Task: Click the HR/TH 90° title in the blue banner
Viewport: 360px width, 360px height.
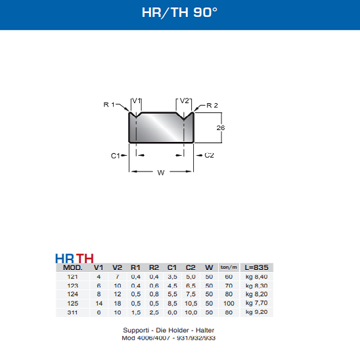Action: click(179, 12)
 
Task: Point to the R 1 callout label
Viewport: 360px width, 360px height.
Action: click(109, 104)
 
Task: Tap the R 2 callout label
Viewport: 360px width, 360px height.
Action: click(212, 105)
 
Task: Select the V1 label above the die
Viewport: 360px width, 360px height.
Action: click(137, 101)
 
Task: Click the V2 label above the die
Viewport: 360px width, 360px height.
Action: click(184, 101)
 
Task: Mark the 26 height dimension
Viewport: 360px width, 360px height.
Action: click(221, 128)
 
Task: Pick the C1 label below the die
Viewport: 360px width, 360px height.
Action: click(116, 156)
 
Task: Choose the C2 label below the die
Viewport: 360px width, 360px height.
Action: click(209, 156)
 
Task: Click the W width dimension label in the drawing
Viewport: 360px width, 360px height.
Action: click(161, 173)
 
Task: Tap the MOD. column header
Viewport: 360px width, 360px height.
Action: click(72, 268)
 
